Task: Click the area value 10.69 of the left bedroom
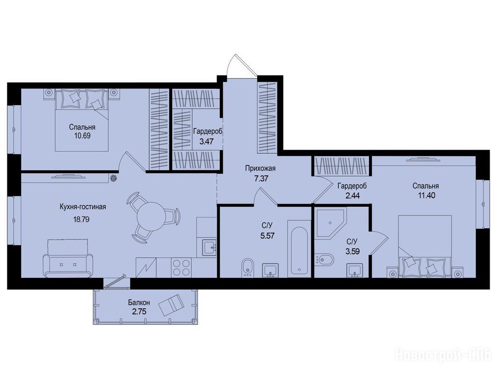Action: (x=82, y=135)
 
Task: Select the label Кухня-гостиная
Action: (x=83, y=207)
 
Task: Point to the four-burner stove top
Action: (x=181, y=267)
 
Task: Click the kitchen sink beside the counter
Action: (x=210, y=247)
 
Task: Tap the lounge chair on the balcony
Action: (x=171, y=305)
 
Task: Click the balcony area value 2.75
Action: (x=139, y=311)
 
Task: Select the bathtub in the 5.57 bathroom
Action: (x=299, y=248)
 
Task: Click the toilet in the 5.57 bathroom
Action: (x=247, y=268)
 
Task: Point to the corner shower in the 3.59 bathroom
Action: (x=330, y=223)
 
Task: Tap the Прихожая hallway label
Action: (x=260, y=168)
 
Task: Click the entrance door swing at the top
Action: (x=241, y=65)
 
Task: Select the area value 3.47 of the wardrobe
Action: (x=206, y=141)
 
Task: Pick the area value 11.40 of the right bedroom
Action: (x=426, y=195)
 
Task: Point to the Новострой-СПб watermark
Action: (x=443, y=355)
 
